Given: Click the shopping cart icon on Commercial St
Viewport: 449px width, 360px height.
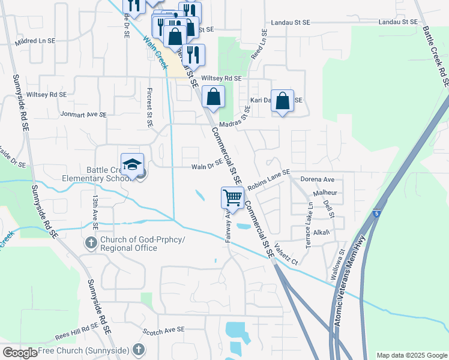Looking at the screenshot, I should (x=232, y=197).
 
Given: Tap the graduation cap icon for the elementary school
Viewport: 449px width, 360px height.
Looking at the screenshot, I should (x=133, y=164).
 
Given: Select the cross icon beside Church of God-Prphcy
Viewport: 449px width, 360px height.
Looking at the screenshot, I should (x=91, y=243).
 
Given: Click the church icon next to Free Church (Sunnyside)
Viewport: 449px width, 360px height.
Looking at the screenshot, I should (x=138, y=349).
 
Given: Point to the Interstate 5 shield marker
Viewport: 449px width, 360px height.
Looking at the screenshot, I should (x=376, y=213).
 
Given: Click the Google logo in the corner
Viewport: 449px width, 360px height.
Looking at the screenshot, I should (x=20, y=353).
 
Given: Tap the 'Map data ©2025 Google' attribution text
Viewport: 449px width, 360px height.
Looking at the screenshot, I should (x=411, y=355).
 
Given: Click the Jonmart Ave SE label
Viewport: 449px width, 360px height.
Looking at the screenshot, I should (x=83, y=114).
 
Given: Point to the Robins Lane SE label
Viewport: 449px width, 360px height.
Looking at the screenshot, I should (x=268, y=178).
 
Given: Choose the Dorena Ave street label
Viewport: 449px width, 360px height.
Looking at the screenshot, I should (x=318, y=179).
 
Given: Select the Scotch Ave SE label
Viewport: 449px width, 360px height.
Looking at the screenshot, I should (x=163, y=330).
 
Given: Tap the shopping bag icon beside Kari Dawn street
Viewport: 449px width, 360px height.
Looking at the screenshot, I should (x=282, y=101).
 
